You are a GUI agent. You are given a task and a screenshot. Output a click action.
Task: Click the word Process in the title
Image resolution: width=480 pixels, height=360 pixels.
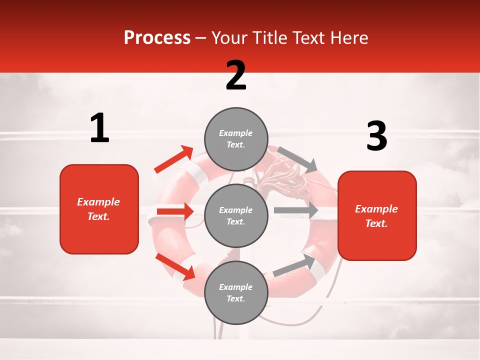coord(157,37)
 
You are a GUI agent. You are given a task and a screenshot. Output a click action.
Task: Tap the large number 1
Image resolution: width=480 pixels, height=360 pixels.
coord(99,128)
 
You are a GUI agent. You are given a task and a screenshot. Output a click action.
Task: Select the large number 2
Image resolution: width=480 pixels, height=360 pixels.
coord(236,75)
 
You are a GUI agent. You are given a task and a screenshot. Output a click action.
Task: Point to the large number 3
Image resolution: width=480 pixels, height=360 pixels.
coord(376,136)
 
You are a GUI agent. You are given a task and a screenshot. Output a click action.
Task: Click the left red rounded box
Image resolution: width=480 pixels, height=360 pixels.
coord(99,209)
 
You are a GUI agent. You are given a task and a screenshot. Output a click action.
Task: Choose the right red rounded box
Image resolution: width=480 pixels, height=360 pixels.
coord(377,215)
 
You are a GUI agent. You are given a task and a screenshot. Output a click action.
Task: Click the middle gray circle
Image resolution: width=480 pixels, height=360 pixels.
coord(236,215)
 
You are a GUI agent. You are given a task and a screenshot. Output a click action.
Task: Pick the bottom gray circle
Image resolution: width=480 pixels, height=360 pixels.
coord(236,292)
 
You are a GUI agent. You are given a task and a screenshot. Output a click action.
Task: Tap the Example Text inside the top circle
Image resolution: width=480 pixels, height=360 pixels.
coord(236,138)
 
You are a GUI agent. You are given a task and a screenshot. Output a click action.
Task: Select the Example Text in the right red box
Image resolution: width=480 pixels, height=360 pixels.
coord(376,216)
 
